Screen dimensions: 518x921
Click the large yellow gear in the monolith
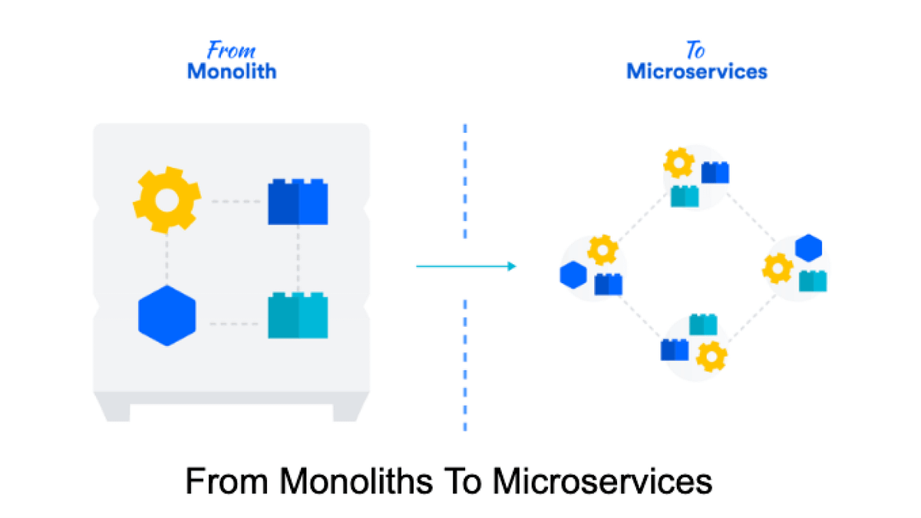[x=167, y=201]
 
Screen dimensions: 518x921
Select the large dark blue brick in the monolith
[x=298, y=203]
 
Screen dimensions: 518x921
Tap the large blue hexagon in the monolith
[x=167, y=315]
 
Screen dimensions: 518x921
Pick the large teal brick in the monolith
[x=298, y=315]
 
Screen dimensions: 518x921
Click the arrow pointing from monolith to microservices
[x=465, y=266]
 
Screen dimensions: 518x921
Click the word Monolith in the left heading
[x=232, y=72]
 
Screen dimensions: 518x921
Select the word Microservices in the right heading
[x=697, y=72]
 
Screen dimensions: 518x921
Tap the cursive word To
[x=695, y=51]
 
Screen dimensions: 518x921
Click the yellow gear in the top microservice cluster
[x=678, y=163]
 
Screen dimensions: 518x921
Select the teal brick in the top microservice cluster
[x=685, y=196]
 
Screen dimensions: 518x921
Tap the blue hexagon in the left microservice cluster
[x=573, y=274]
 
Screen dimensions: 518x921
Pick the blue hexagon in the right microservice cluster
[x=808, y=248]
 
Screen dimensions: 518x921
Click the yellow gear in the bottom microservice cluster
[x=712, y=355]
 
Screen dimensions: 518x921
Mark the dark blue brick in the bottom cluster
[x=675, y=350]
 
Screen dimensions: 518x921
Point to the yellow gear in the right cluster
[x=777, y=269]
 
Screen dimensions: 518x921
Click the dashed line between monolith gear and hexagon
[x=167, y=259]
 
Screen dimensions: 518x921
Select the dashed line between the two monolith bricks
[x=298, y=259]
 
